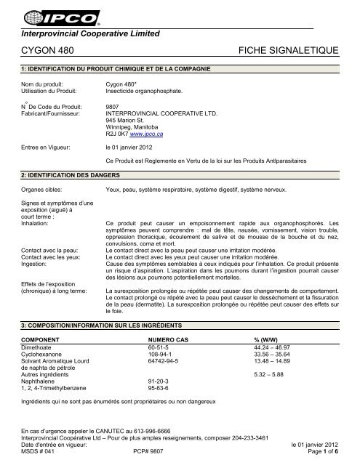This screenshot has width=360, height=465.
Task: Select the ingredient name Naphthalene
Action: click(41, 391)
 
